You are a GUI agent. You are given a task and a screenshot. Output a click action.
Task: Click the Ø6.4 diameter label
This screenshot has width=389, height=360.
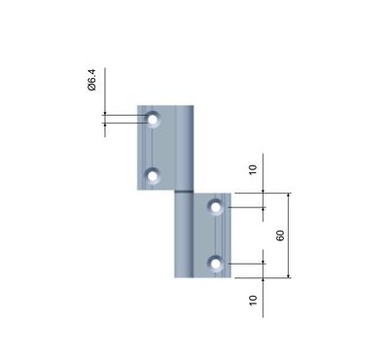point(92,80)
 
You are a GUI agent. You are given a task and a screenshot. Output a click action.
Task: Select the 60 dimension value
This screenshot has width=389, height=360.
point(280,235)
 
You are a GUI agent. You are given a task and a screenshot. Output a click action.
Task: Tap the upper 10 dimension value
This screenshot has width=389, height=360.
point(253,169)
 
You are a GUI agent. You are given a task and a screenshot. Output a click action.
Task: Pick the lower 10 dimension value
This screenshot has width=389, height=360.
point(253,300)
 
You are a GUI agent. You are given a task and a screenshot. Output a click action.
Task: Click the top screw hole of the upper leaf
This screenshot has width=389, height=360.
point(153,120)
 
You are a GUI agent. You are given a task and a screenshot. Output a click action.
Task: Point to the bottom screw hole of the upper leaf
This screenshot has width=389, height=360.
point(153,176)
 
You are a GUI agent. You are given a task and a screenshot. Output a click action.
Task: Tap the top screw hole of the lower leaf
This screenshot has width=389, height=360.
point(216,207)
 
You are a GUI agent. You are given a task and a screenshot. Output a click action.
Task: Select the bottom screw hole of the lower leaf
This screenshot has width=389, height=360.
point(216,264)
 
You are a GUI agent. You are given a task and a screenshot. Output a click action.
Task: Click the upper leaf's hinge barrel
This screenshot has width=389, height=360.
point(184,147)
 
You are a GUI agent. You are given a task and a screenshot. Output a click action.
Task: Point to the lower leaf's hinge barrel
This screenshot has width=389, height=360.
point(184,235)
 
